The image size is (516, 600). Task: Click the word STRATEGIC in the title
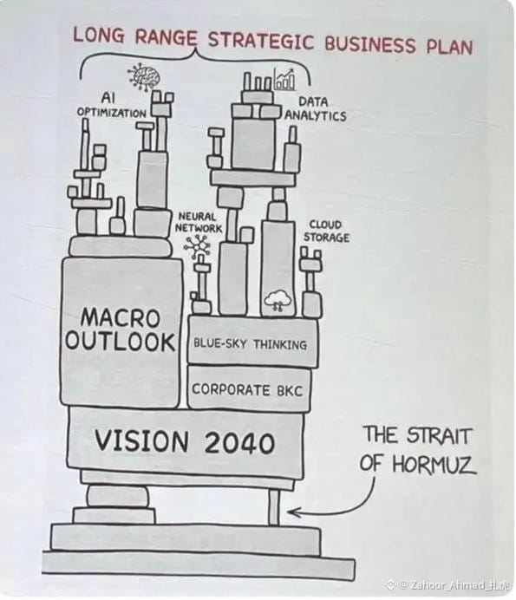click(x=261, y=41)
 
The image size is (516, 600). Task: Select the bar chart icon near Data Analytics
click(x=284, y=79)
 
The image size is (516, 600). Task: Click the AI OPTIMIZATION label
click(x=111, y=105)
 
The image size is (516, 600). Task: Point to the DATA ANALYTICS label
click(x=315, y=109)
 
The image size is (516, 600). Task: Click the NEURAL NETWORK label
click(x=199, y=222)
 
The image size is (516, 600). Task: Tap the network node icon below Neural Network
click(x=197, y=245)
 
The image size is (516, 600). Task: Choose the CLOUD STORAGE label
click(x=326, y=231)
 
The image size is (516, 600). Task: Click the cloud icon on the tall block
click(x=278, y=300)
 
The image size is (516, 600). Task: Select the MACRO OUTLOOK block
click(x=121, y=331)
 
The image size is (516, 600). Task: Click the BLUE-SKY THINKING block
click(x=251, y=340)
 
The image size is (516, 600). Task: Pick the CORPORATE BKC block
click(x=249, y=388)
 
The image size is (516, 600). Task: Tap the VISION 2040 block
click(x=186, y=440)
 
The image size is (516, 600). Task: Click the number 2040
click(x=239, y=443)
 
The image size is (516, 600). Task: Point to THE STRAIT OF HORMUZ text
click(x=418, y=450)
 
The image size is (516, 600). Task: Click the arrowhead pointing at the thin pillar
click(x=293, y=512)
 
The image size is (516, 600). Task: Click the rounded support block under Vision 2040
click(x=118, y=497)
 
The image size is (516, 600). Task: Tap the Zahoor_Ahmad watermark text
click(x=460, y=585)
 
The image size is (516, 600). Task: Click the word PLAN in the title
click(x=449, y=47)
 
